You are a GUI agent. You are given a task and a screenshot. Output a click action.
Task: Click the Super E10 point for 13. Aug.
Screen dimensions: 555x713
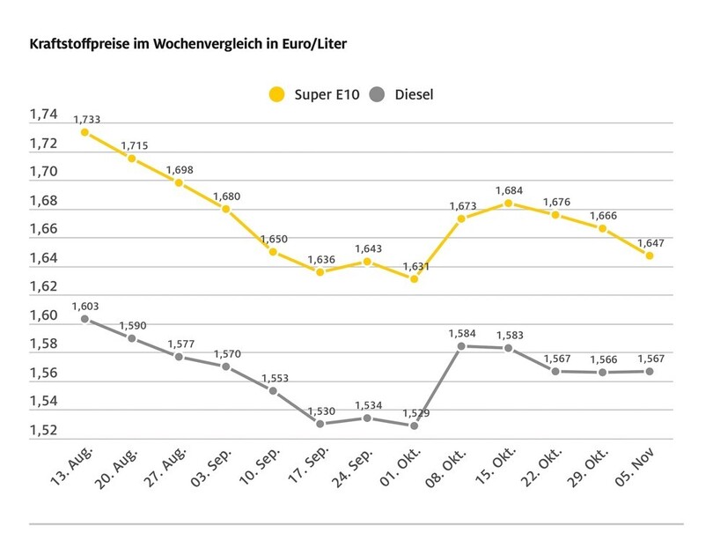coord(85,132)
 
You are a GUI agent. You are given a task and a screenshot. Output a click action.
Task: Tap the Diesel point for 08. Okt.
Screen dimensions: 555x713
coord(461,346)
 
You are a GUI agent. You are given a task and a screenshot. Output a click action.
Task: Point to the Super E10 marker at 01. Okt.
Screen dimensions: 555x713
coord(415,278)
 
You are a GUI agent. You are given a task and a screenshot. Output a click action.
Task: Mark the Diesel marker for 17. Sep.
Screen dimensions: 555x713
coord(320,424)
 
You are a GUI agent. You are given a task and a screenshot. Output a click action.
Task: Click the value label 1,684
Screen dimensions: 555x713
coord(510,190)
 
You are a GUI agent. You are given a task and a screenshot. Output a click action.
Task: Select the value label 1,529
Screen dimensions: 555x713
coord(415,412)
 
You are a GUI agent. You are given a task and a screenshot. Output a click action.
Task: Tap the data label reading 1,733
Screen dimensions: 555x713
coord(86,119)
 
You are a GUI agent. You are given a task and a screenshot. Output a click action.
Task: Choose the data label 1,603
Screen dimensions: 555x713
coord(86,306)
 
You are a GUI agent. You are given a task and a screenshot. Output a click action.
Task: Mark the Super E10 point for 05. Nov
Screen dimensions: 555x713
coord(650,255)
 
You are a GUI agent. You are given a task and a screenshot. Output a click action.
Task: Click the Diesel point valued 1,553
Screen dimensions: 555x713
coord(273,390)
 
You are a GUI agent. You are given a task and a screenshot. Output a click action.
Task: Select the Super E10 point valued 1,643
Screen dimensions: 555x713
coord(367,261)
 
